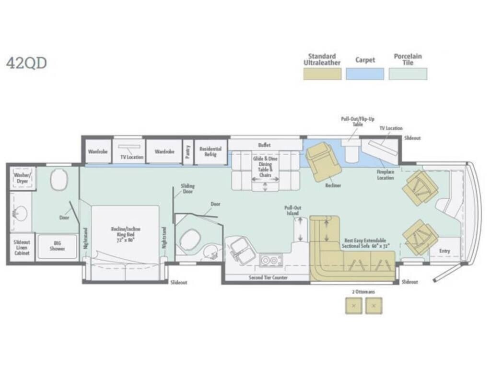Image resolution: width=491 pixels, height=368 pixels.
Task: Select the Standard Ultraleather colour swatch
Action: [x=322, y=74]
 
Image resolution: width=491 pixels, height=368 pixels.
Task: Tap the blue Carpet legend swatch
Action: [x=365, y=74]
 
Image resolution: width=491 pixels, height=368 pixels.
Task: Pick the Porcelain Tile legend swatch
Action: [x=408, y=74]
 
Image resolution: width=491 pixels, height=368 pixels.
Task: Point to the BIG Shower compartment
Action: [x=57, y=246]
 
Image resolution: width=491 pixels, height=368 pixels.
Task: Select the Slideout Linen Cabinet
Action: [x=21, y=246]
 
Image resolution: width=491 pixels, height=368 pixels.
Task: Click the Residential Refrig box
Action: [x=210, y=152]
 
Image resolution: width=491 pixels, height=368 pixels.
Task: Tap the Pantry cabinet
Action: [x=188, y=152]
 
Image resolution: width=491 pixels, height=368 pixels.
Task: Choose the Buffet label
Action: [x=264, y=145]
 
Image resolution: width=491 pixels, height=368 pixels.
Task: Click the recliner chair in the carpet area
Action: [x=324, y=161]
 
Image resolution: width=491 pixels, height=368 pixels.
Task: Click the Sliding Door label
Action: [x=187, y=188]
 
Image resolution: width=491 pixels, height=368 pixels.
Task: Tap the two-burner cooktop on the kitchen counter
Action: [x=270, y=260]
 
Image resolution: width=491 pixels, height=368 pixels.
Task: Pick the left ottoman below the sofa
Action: [x=354, y=305]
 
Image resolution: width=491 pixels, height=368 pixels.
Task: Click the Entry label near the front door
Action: [x=444, y=251]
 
